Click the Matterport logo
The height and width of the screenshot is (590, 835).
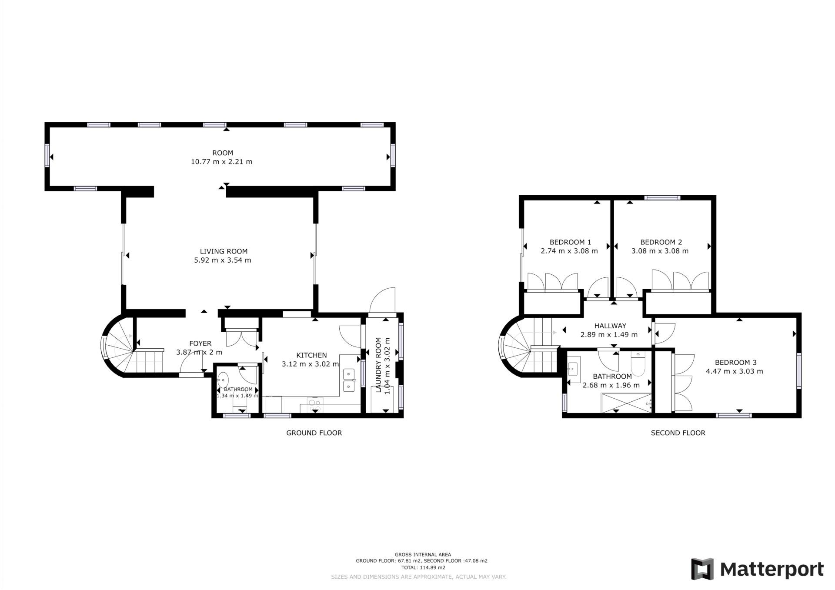coord(757,569)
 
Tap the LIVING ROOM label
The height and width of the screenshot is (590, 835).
coord(224,251)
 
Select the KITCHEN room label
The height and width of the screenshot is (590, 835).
coord(311,355)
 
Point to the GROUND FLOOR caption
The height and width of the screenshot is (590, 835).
coord(314,433)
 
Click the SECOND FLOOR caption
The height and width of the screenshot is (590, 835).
coord(678,433)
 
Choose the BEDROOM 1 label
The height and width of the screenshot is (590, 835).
coord(570,242)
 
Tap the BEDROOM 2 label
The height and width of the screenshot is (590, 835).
coord(661,242)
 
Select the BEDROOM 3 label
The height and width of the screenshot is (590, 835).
coord(736,363)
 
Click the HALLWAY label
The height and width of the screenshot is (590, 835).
coord(610,326)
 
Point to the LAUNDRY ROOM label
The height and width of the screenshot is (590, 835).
coord(378,365)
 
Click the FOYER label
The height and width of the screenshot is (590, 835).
coord(200,343)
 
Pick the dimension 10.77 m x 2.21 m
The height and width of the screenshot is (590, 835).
coord(221,162)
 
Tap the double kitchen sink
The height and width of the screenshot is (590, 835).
coord(349,380)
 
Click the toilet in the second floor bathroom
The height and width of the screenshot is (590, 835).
coord(638,364)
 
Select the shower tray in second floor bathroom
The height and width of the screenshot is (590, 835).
coord(627,403)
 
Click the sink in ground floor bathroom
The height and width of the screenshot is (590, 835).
coord(223,380)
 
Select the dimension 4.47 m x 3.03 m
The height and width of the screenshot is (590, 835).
coord(735,371)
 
